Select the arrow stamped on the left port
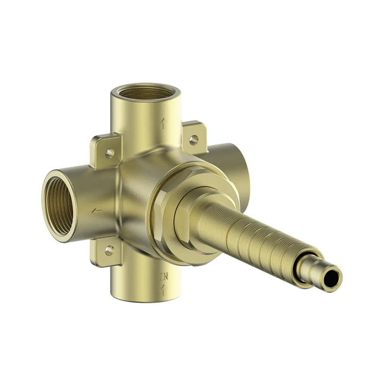click(97, 210)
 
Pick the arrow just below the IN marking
click(164, 289)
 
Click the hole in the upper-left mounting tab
click(109, 153)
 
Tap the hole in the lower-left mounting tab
click(109, 250)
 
